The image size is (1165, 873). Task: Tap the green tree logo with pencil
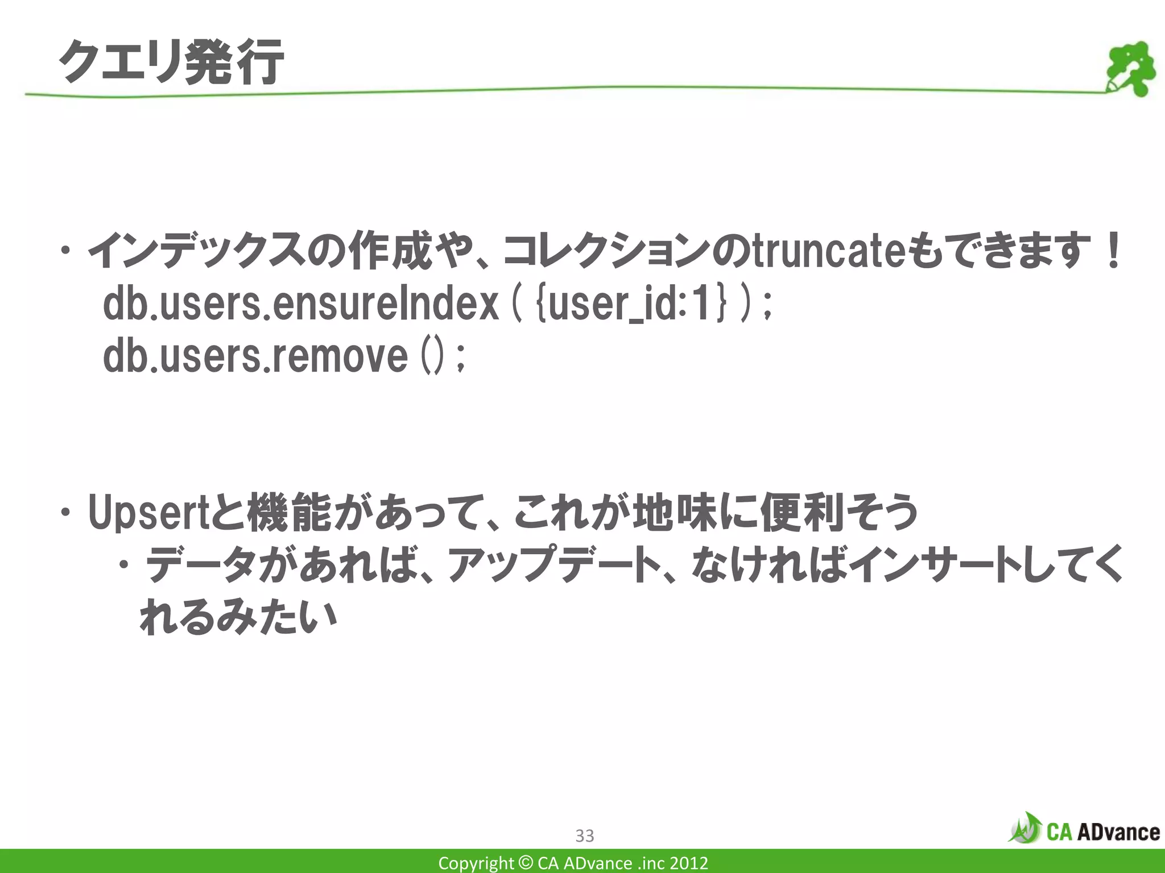pos(1130,69)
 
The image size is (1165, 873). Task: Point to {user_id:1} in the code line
pos(631,305)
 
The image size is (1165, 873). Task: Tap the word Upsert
pos(149,512)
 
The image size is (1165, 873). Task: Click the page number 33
pos(585,835)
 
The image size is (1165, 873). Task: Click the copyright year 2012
pos(688,863)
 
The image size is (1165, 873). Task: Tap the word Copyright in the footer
pos(476,863)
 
